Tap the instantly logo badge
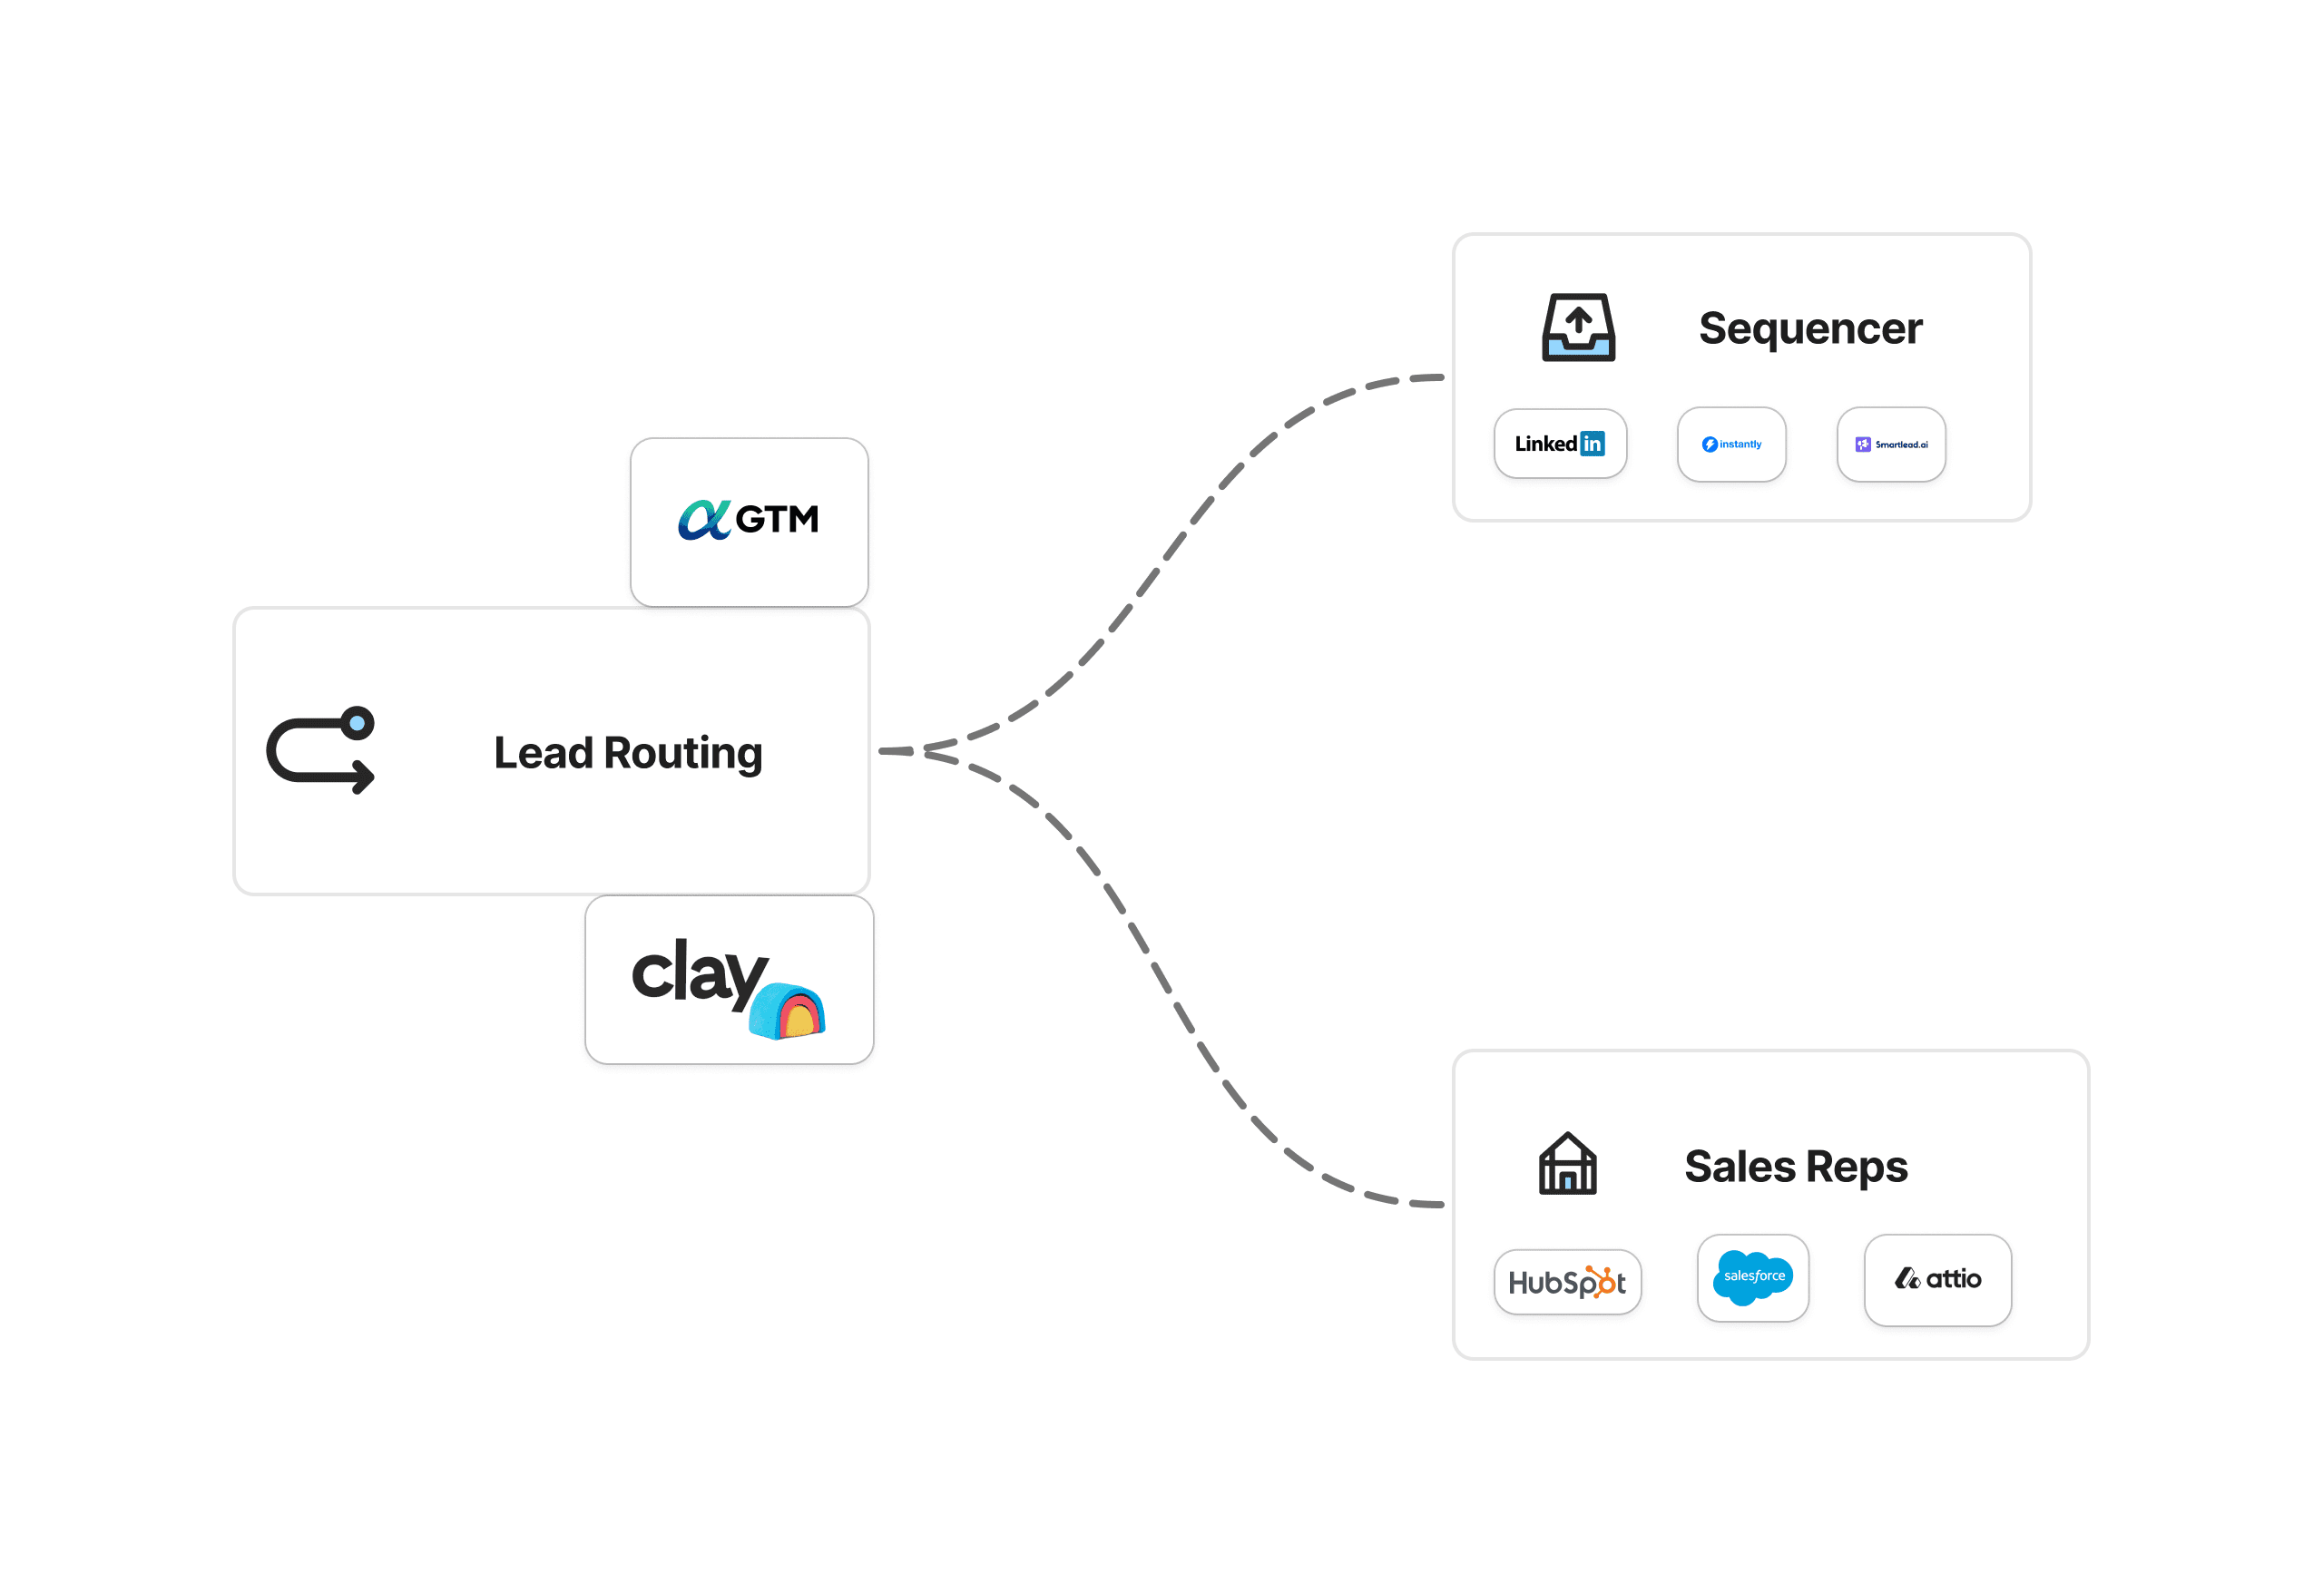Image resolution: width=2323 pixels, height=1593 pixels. pos(1731,445)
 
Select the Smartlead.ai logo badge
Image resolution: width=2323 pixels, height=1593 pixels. pos(1890,445)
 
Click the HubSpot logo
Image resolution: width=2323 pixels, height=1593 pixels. pos(1566,1282)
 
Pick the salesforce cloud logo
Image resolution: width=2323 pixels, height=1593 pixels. pos(1752,1277)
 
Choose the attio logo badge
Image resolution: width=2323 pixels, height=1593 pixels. pos(1937,1279)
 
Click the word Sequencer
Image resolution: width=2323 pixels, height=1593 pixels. pos(1809,328)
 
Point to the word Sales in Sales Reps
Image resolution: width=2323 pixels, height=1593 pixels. pos(1740,1167)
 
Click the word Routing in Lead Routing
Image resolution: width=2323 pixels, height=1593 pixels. pos(682,754)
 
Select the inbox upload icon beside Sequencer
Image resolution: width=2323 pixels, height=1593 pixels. pos(1577,327)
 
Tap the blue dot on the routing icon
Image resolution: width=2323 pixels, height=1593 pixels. pos(357,722)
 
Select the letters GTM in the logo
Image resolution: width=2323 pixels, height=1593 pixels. pos(777,520)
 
